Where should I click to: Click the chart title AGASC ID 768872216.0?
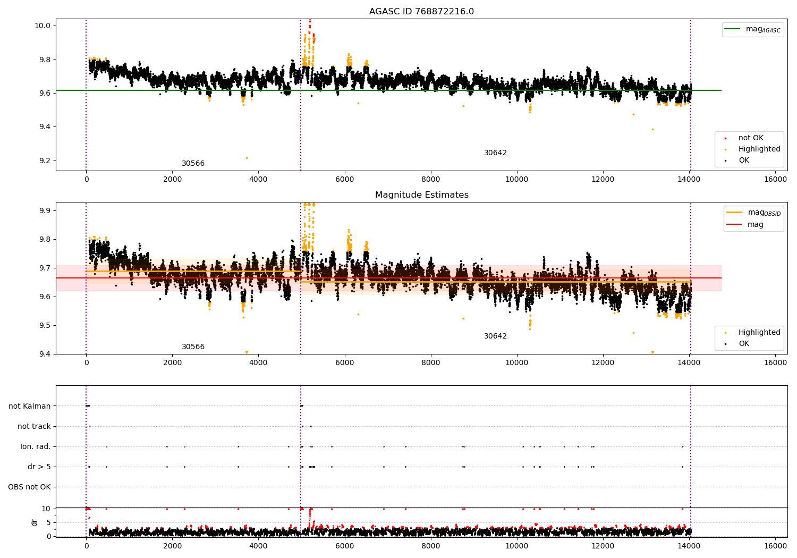[x=421, y=12]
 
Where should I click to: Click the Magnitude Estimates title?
[x=421, y=195]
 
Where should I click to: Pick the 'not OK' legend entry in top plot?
[x=750, y=138]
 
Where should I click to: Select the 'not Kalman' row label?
[x=30, y=406]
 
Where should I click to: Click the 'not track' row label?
[x=34, y=426]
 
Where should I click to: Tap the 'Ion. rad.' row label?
[x=36, y=446]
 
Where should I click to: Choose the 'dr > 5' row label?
[x=39, y=467]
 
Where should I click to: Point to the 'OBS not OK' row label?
[x=29, y=487]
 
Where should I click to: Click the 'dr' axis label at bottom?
[x=35, y=522]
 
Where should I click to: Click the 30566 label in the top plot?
[x=193, y=164]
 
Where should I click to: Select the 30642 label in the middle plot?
[x=495, y=336]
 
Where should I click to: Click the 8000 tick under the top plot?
[x=430, y=180]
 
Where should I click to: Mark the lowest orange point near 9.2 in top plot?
[x=247, y=158]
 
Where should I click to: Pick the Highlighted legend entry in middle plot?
[x=759, y=333]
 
